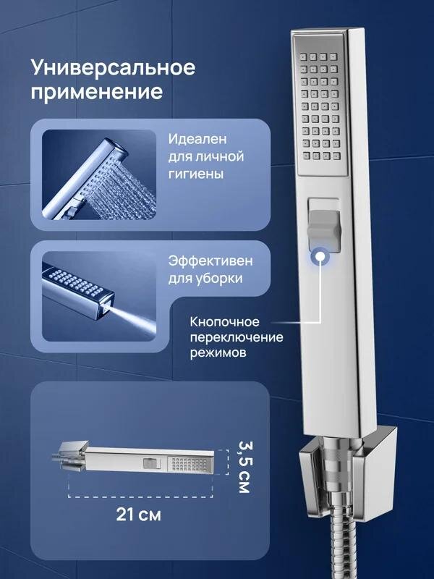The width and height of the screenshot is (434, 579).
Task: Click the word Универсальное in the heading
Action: tap(114, 68)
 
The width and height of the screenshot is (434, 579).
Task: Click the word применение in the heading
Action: tap(95, 93)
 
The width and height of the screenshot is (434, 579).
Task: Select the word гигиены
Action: tap(195, 174)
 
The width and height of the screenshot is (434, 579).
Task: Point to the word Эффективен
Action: tap(210, 259)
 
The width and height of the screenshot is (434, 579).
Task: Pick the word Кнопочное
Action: tap(226, 321)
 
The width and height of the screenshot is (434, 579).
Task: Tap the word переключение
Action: tap(237, 338)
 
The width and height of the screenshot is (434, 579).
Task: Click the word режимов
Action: tap(220, 355)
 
